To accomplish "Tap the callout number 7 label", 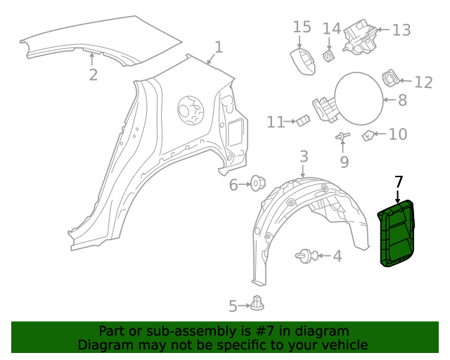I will coord(399,182).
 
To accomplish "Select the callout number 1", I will coord(219,47).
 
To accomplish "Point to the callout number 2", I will coord(93,75).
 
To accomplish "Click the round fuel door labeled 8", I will coord(358,99).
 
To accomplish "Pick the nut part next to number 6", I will coord(258,184).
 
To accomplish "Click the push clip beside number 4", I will coord(307,256).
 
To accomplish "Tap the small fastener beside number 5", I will coord(258,304).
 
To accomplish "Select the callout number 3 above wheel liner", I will coord(303,155).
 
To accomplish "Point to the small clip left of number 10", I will coord(368,135).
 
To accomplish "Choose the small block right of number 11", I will coord(303,121).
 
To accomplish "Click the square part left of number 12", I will coord(390,77).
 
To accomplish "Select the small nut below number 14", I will coord(328,54).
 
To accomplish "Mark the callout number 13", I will coord(401,30).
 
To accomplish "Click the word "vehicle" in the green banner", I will coord(342,345).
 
